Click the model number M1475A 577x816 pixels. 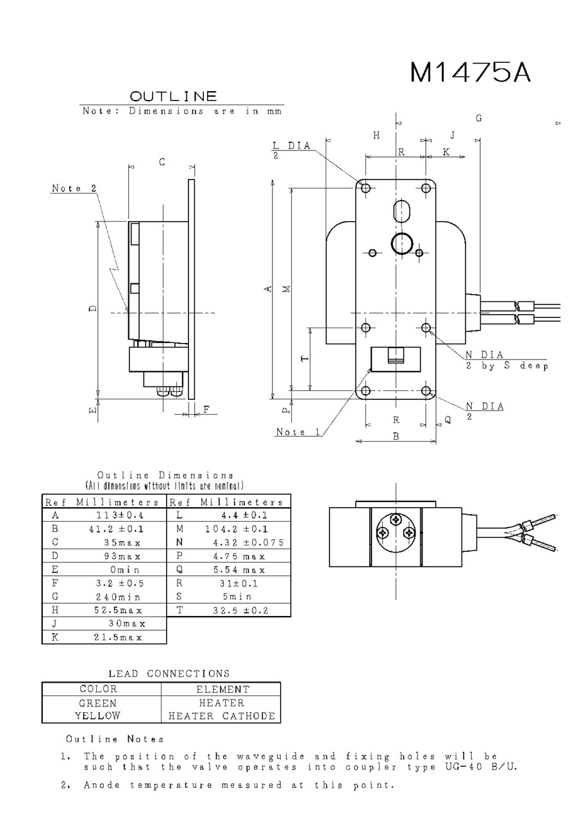(471, 72)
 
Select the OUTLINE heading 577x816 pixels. (173, 96)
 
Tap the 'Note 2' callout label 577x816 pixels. (74, 188)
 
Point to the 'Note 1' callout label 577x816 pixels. (298, 432)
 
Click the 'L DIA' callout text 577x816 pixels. (292, 146)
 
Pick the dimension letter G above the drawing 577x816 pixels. (479, 118)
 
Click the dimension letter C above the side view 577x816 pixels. (162, 162)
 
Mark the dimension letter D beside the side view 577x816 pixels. (93, 308)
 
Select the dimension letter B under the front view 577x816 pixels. (396, 437)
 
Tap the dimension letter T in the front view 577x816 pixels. (305, 358)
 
